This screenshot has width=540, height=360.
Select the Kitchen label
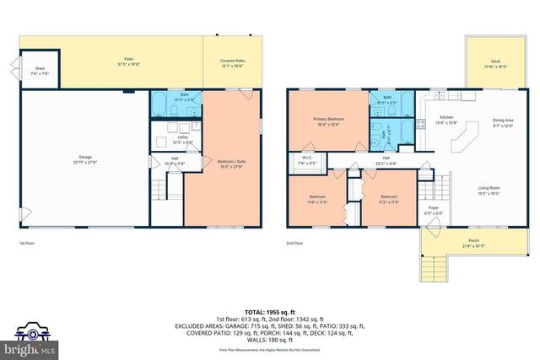pyautogui.click(x=446, y=119)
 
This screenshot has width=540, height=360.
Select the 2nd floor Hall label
pyautogui.click(x=386, y=159)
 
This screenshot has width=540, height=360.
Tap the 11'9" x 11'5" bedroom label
pyautogui.click(x=317, y=201)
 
